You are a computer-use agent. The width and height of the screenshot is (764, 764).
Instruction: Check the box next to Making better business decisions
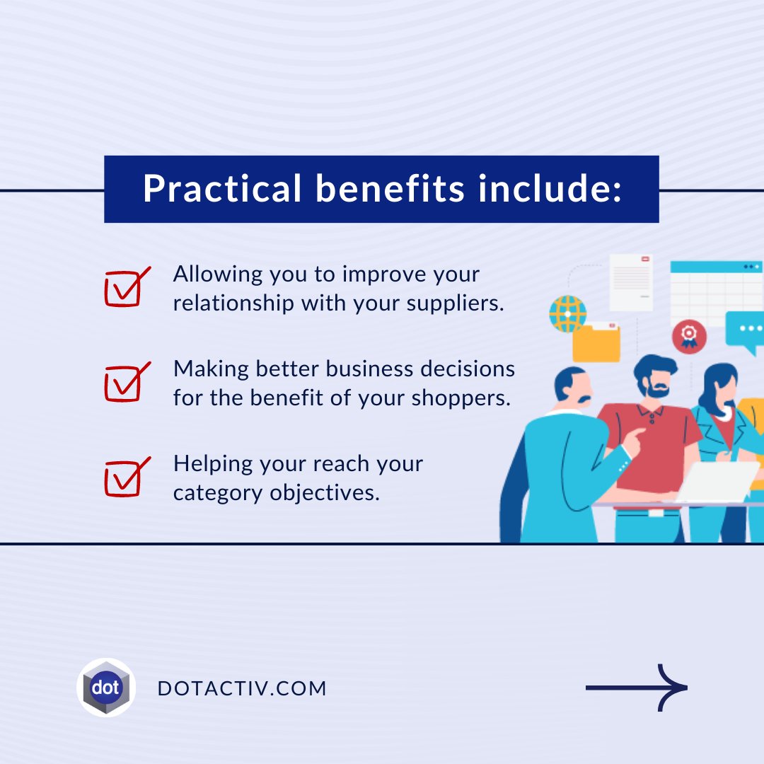click(125, 383)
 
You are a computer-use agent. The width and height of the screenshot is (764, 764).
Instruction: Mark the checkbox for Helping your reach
click(125, 477)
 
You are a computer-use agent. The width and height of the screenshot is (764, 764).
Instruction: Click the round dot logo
click(106, 688)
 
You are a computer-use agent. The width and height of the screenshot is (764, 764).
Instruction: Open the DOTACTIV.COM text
click(243, 688)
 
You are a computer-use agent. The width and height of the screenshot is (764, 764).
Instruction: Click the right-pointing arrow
click(637, 688)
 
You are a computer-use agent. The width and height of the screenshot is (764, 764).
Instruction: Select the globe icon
click(567, 313)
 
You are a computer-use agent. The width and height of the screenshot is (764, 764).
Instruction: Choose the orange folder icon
click(596, 342)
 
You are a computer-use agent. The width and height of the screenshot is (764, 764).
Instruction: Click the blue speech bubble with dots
click(746, 330)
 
